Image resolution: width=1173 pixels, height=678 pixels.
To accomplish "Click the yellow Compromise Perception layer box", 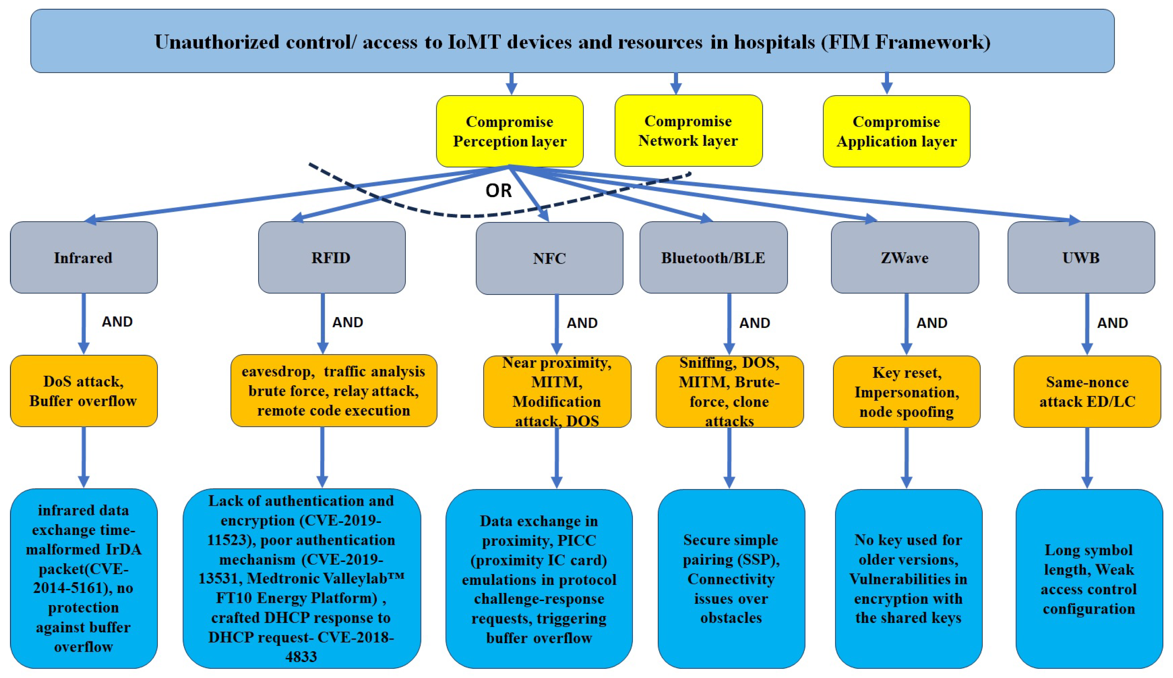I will pos(510,131).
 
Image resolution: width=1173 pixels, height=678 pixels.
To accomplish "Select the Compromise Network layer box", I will pos(688,131).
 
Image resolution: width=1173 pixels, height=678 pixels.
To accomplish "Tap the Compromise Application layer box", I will pos(896,131).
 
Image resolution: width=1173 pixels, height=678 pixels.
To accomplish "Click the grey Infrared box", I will pos(84,258).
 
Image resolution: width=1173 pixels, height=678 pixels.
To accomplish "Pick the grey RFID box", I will pos(331,258).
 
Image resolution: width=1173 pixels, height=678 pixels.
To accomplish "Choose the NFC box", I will pos(549,258).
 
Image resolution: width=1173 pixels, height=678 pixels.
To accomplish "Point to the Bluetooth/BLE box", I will pos(713,258).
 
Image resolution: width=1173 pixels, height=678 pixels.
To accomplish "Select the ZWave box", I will pos(905,258).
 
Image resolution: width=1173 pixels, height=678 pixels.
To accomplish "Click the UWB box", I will pos(1081,258).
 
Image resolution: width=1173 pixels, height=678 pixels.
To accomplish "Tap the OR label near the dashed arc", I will pos(498,191).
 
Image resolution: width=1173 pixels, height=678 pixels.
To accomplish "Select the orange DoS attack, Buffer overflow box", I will pos(84,391).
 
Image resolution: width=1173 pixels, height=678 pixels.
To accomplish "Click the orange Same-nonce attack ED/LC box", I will pos(1087,392).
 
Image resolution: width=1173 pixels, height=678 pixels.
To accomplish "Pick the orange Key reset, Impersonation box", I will pos(906,392).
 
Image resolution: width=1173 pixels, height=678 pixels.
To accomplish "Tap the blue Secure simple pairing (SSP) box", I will pos(731,578).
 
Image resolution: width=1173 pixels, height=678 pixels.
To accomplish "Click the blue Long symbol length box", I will pos(1089,579).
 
